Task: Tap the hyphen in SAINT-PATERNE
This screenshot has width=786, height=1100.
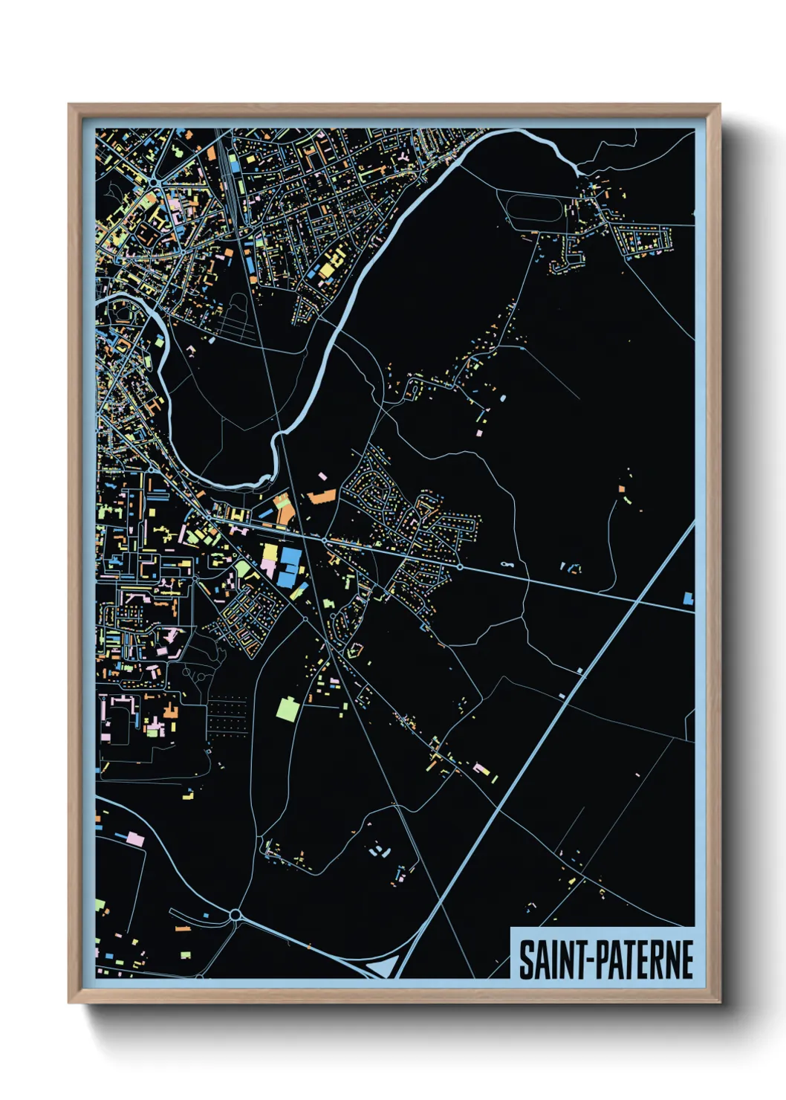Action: pos(583,960)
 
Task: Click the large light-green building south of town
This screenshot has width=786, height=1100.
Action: pos(287,708)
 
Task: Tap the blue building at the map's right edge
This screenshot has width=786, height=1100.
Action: pos(688,598)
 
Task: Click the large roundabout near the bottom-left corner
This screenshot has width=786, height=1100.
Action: pos(236,915)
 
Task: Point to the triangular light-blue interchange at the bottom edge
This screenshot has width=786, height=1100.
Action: pos(380,968)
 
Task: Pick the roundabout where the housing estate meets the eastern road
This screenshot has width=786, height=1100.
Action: pos(460,567)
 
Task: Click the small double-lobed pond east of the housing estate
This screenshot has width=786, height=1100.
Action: pos(507,565)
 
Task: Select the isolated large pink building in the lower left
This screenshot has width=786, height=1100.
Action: pos(135,839)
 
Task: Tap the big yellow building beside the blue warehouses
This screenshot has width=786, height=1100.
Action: pos(270,553)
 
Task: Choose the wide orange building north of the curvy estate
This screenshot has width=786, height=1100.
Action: pos(322,496)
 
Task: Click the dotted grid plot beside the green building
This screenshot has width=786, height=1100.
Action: pos(227,714)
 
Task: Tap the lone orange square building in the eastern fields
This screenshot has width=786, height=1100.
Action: pos(621,488)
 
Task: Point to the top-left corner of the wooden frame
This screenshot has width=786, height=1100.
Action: pos(69,105)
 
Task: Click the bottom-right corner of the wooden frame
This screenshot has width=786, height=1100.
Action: pos(719,1003)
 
